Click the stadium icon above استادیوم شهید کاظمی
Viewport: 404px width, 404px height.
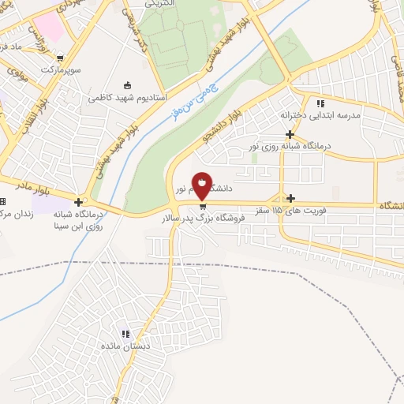[x=128, y=85]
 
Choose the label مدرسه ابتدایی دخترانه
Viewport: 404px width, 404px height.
[x=320, y=115]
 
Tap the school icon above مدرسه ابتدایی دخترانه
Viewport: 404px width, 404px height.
[x=320, y=103]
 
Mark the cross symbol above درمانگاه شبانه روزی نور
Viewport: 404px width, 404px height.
[x=291, y=134]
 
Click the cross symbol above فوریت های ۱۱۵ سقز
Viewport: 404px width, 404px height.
[x=291, y=198]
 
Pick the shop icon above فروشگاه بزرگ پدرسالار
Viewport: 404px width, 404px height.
[x=203, y=206]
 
